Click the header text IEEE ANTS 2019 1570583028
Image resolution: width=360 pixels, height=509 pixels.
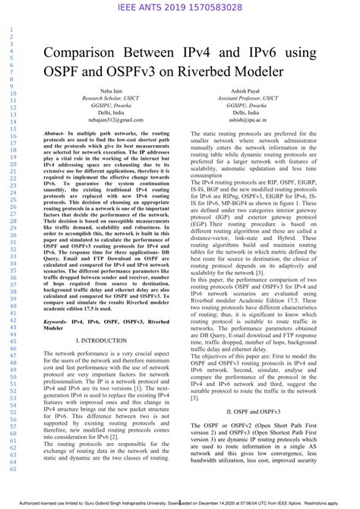(180, 8)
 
